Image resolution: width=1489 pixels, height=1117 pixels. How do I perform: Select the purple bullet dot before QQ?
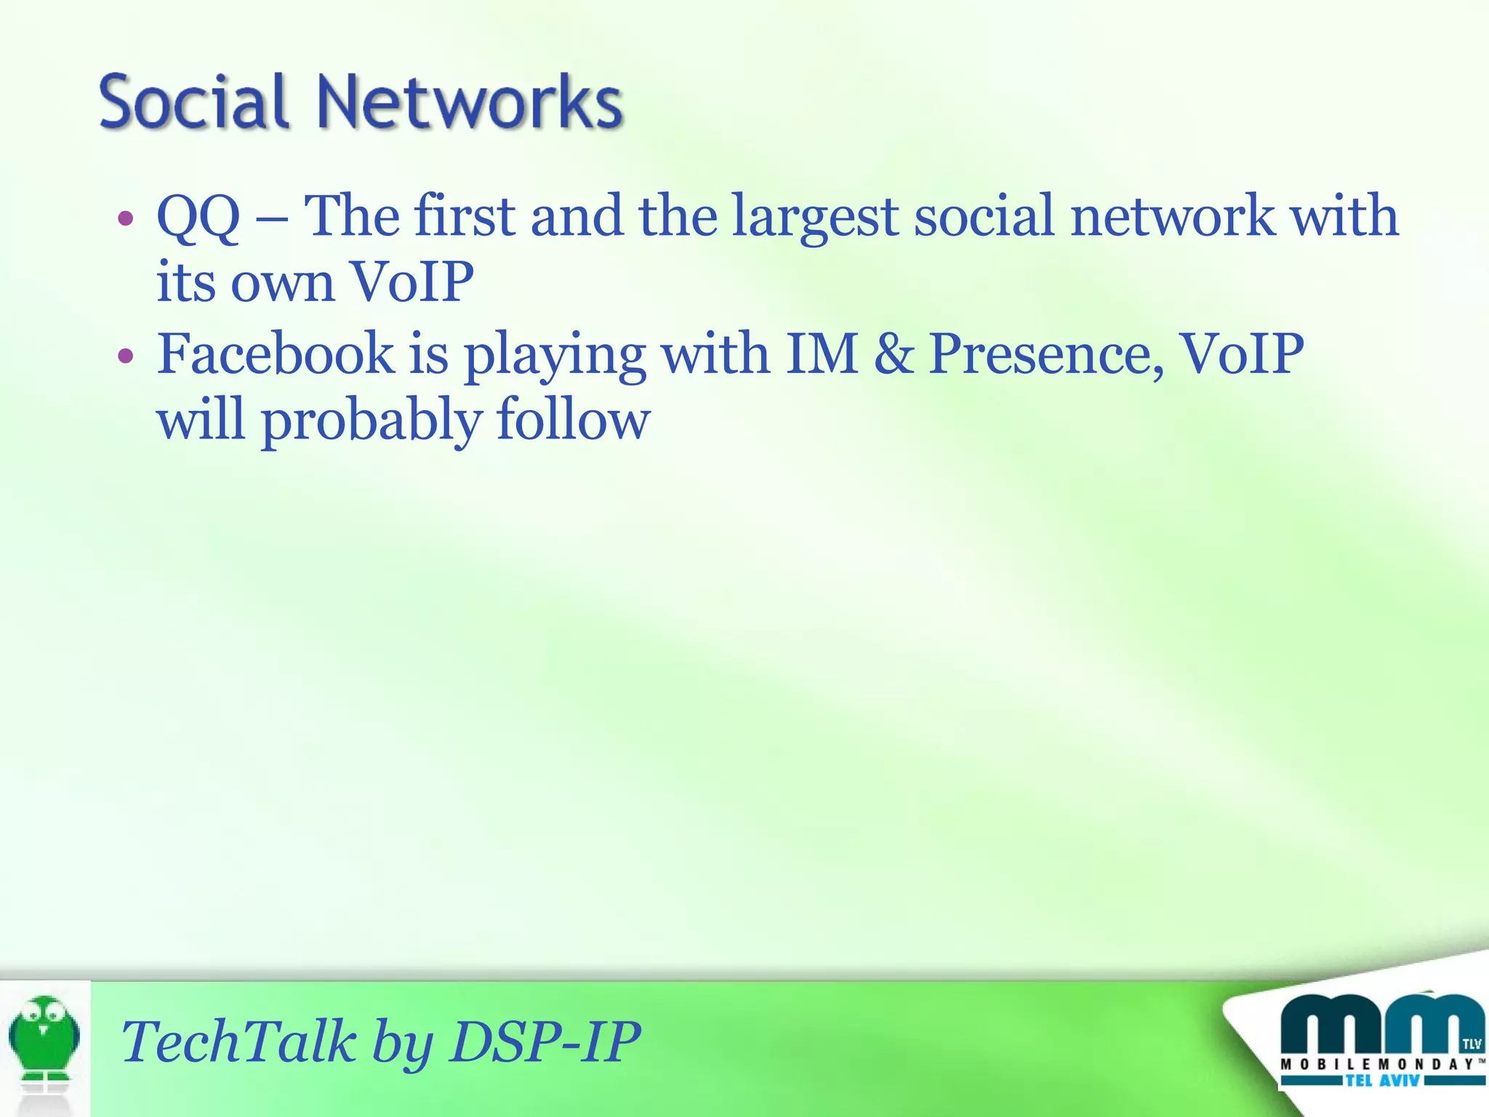(x=126, y=218)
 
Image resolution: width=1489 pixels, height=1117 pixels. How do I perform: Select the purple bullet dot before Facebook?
(x=126, y=356)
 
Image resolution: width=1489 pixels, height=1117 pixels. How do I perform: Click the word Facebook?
(x=276, y=354)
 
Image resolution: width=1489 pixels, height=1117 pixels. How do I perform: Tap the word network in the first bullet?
(x=1172, y=217)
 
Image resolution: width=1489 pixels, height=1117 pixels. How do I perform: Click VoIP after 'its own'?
(x=412, y=283)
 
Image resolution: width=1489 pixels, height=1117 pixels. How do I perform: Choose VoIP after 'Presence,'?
(x=1241, y=354)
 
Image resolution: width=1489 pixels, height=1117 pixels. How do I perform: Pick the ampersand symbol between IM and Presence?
(x=894, y=354)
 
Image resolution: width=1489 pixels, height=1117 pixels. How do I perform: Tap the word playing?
(x=555, y=356)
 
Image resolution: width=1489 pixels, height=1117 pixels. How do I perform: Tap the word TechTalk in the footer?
(x=239, y=1041)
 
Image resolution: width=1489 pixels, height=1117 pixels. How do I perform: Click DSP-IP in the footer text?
(x=545, y=1041)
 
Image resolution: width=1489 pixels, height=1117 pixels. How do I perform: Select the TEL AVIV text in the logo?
(x=1382, y=1081)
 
